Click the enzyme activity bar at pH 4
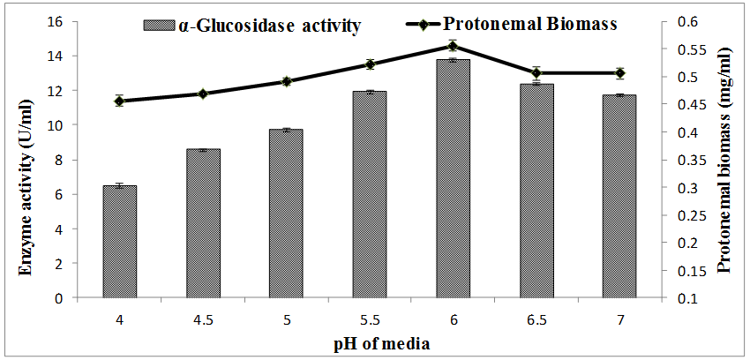pos(119,242)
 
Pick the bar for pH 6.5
pos(536,191)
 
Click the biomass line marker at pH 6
pos(452,46)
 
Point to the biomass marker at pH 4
pos(119,101)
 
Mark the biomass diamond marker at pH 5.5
pos(370,64)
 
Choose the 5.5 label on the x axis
pos(369,319)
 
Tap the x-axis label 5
pos(286,319)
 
